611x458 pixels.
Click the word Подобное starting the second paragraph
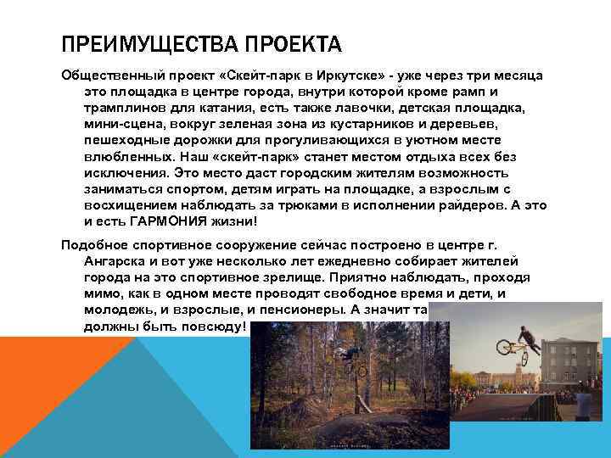point(92,246)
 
